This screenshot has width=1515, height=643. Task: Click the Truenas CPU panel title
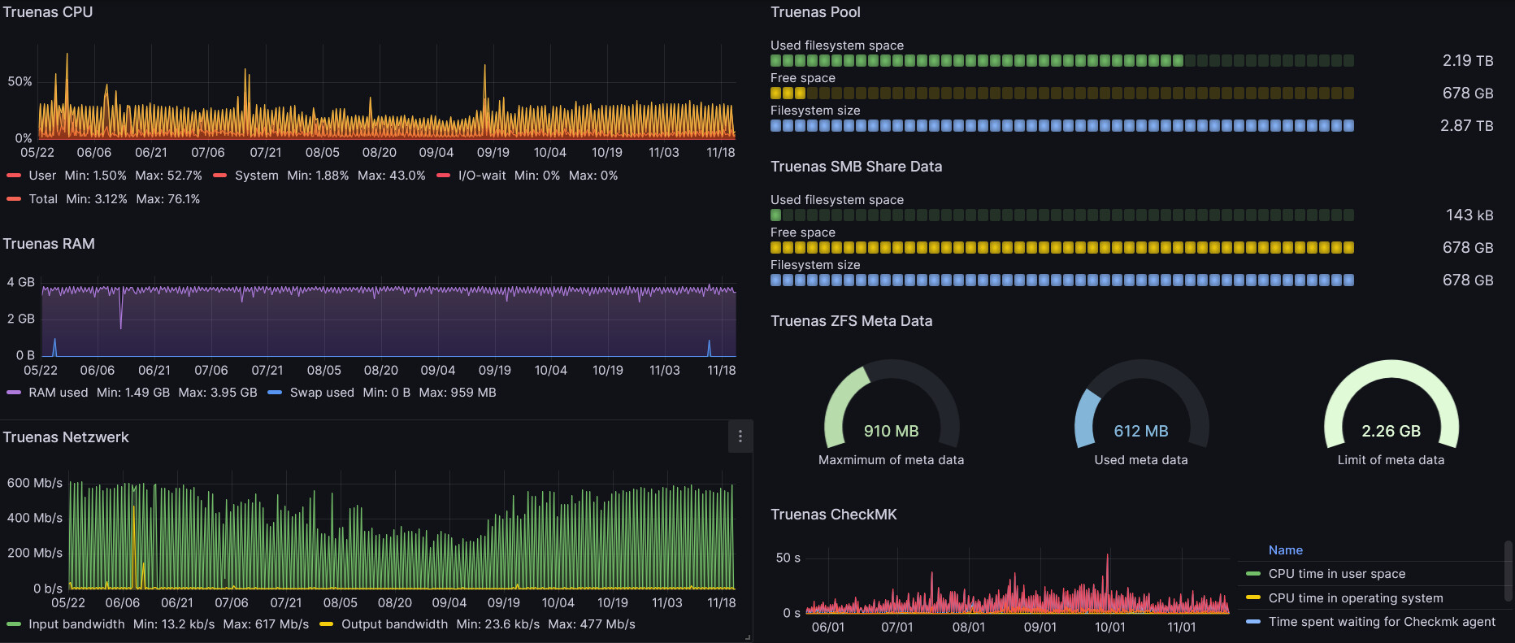(x=48, y=12)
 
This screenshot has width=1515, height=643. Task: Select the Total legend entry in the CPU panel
(x=43, y=199)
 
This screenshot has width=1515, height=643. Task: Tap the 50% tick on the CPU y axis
(x=20, y=81)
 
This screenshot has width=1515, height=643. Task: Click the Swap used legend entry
(x=322, y=393)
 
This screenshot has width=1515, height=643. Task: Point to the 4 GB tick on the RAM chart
(x=21, y=282)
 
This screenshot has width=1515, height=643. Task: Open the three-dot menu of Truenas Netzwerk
(x=740, y=437)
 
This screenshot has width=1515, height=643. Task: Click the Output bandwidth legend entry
(x=394, y=624)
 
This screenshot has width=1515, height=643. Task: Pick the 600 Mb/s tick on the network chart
(x=35, y=483)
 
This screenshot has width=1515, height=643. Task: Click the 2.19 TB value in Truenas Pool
(x=1468, y=61)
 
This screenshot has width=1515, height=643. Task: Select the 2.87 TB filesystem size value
(x=1467, y=126)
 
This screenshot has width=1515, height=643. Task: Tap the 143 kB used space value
(x=1469, y=215)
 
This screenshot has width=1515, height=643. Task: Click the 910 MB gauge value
(x=892, y=431)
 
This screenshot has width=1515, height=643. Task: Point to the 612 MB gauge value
(x=1141, y=431)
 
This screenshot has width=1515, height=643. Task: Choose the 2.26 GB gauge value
(x=1391, y=431)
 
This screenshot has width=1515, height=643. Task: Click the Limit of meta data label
(x=1391, y=460)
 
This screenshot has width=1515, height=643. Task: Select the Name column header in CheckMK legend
(x=1286, y=550)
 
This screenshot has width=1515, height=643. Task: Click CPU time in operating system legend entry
(x=1356, y=598)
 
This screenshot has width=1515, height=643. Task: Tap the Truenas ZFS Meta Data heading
(x=852, y=321)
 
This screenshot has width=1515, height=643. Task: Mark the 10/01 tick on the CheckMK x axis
(x=1110, y=628)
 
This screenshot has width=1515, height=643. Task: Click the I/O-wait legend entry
(x=482, y=176)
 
